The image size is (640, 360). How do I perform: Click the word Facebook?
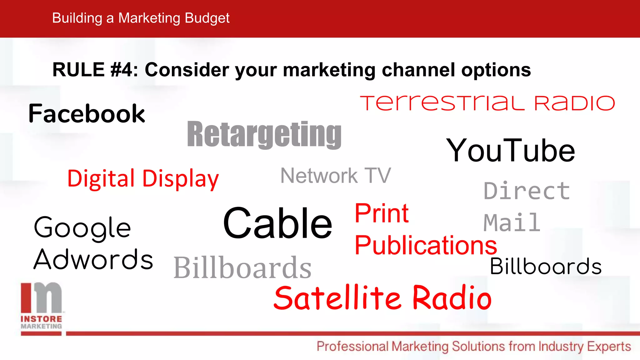(x=87, y=114)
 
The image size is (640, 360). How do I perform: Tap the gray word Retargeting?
(x=264, y=134)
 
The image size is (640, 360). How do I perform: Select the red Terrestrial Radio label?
(x=487, y=103)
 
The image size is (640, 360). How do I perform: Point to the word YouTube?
(x=510, y=151)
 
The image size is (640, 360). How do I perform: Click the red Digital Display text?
(x=143, y=179)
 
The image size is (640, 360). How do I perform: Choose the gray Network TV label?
(x=336, y=176)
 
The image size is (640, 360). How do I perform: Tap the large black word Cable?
(x=277, y=223)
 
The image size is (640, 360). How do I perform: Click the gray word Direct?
(x=527, y=191)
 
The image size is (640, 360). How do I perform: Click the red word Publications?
(x=426, y=246)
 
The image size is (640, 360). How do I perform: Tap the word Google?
(x=82, y=228)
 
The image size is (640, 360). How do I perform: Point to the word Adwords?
(x=93, y=259)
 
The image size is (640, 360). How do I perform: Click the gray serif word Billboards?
(x=242, y=267)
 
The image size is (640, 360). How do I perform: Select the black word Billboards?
(x=546, y=266)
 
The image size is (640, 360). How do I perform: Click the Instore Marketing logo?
(x=41, y=306)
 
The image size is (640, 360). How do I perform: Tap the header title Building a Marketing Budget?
(x=141, y=18)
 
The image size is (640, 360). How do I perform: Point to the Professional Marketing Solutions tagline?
(x=474, y=347)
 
